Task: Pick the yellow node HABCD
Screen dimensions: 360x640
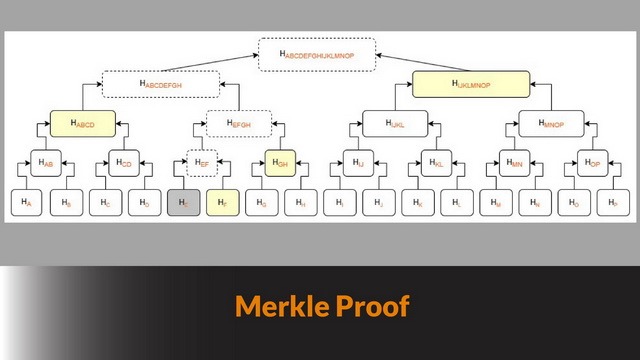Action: [x=84, y=122]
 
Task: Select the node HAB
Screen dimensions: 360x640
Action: [x=46, y=161]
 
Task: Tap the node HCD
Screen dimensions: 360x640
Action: [x=124, y=161]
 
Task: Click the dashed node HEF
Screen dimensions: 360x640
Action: [x=201, y=161]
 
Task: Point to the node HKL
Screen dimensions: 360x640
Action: [x=436, y=161]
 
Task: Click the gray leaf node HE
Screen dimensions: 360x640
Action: [x=183, y=202]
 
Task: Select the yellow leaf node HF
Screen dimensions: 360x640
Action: [x=222, y=202]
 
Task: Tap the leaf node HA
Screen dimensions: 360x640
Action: [x=26, y=202]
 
